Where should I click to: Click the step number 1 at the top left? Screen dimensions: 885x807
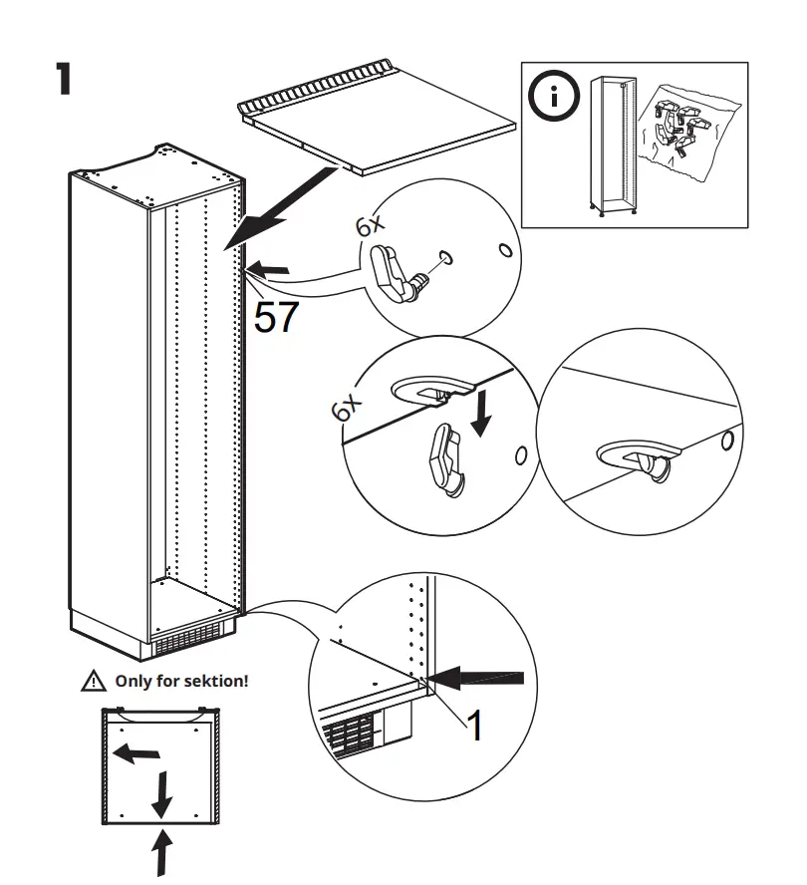coord(63,80)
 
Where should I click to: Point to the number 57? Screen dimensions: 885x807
coord(276,317)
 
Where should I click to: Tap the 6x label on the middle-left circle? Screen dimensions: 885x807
coord(346,409)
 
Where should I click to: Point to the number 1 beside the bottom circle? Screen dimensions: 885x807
coord(476,727)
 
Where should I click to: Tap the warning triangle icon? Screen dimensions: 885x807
coord(93,683)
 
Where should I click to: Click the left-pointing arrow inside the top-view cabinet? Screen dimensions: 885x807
coord(135,754)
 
